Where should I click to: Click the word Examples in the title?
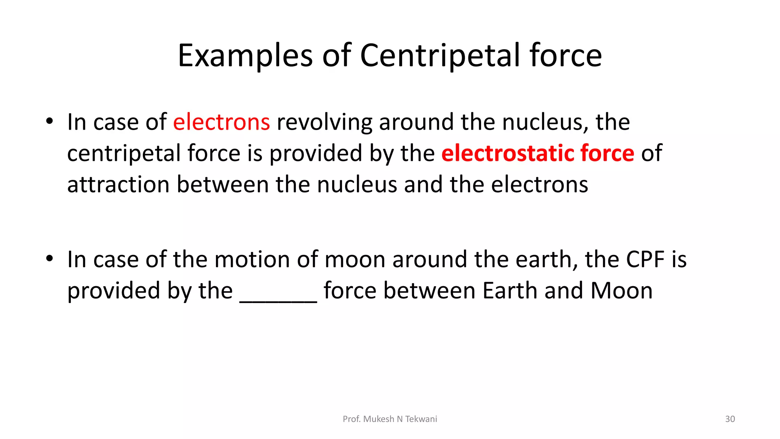[245, 56]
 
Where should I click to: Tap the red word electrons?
[221, 122]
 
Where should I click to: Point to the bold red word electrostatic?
[507, 153]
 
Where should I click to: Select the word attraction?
[118, 185]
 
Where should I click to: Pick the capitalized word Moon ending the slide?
[622, 291]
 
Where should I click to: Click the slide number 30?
[730, 419]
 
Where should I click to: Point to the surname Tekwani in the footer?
[421, 419]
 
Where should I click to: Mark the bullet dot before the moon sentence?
[49, 259]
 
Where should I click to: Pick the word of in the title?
[337, 56]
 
